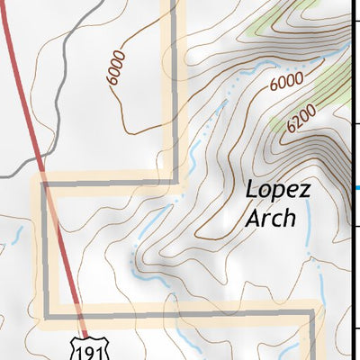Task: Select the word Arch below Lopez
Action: (270, 218)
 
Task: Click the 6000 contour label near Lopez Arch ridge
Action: (285, 84)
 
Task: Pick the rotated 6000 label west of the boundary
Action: (117, 68)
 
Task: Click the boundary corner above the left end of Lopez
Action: (175, 183)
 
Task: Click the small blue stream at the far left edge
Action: (13, 239)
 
